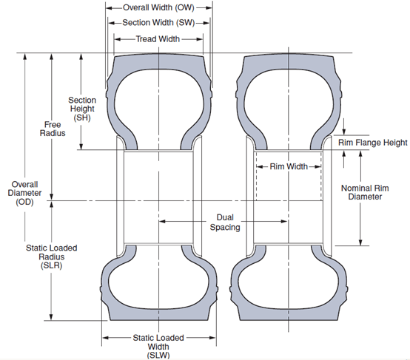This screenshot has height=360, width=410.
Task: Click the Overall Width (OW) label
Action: point(158,7)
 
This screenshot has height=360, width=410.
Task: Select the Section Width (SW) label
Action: point(158,23)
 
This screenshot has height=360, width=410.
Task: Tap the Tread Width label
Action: point(158,39)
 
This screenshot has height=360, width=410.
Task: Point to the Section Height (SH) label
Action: point(82,109)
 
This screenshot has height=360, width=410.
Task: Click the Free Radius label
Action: point(53,129)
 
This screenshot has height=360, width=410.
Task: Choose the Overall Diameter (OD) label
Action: point(24,193)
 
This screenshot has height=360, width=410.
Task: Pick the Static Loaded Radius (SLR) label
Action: point(52,257)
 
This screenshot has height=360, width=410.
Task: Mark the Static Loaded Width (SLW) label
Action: point(158,347)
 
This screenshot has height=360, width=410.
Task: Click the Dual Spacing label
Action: point(225,222)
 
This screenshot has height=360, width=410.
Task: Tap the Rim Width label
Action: point(289,166)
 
